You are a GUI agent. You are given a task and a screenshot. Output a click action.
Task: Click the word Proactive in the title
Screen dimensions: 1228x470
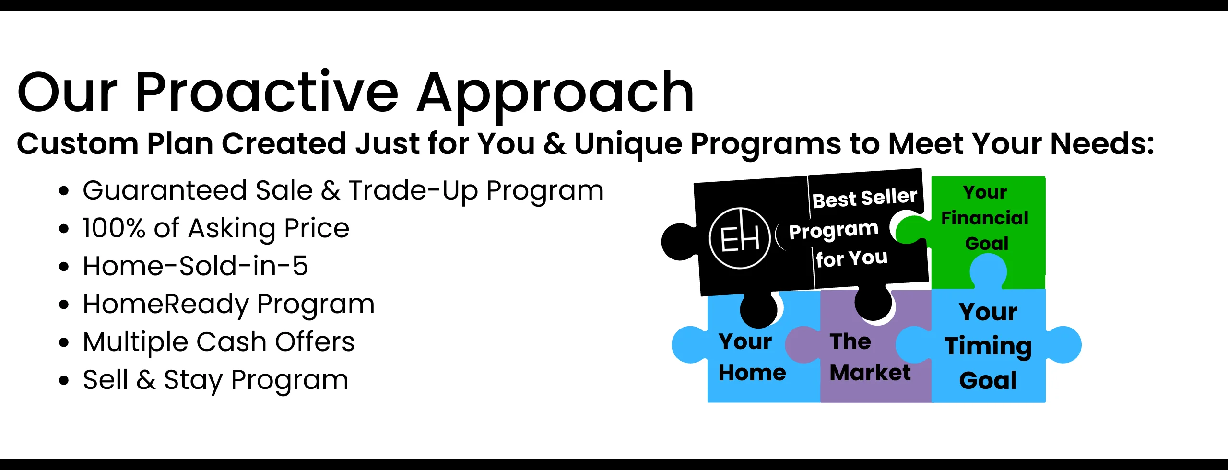[x=267, y=92]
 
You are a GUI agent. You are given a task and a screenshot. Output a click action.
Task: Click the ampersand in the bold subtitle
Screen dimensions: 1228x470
[x=555, y=143]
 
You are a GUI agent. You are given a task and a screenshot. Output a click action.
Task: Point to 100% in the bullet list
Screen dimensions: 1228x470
[x=114, y=228]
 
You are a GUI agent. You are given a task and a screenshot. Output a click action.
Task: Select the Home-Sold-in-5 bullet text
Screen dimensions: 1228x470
[x=195, y=266]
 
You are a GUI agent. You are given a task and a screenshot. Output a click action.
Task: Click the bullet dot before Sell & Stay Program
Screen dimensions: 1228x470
[x=64, y=381]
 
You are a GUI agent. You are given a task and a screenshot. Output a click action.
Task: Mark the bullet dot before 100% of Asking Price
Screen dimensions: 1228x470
[x=64, y=229]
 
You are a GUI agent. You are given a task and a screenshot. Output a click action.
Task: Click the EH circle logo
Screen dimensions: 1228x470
[x=740, y=238]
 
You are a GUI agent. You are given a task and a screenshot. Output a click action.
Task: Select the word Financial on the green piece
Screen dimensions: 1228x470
[x=985, y=218]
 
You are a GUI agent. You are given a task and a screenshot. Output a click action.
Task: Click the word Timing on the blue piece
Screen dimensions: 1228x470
[x=988, y=346]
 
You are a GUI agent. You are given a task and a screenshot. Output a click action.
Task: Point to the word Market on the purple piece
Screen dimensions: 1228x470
[x=870, y=373]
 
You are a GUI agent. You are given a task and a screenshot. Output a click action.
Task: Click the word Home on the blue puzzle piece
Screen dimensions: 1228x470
[x=752, y=373]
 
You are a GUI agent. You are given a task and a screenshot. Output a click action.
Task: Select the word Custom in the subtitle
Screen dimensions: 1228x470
[x=77, y=143]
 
